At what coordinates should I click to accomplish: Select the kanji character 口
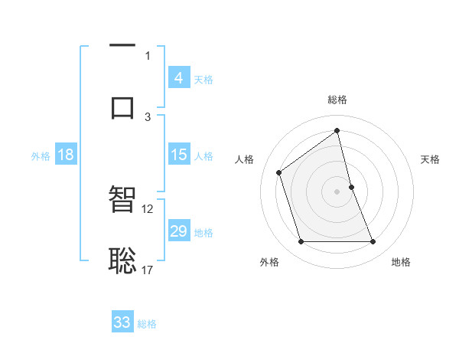point(122,106)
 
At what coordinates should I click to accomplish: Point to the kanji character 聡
point(122,260)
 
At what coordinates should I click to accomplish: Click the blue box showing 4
point(178,78)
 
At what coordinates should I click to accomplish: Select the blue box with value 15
point(178,155)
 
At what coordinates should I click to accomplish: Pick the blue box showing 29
point(178,231)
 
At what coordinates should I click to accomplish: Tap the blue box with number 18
point(65,155)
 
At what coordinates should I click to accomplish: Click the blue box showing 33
point(122,322)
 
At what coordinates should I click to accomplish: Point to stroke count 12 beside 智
point(148,208)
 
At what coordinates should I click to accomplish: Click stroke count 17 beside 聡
point(148,270)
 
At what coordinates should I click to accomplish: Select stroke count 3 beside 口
point(148,116)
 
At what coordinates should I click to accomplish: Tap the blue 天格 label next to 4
point(203,80)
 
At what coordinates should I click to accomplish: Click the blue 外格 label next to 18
point(41,156)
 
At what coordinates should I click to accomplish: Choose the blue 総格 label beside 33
point(147,324)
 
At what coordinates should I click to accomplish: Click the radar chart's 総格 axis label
point(337,100)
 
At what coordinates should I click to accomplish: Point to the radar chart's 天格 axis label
point(431,159)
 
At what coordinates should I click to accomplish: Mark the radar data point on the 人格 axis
point(279,172)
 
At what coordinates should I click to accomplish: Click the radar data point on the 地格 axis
point(373,242)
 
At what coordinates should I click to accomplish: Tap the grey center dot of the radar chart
point(337,191)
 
